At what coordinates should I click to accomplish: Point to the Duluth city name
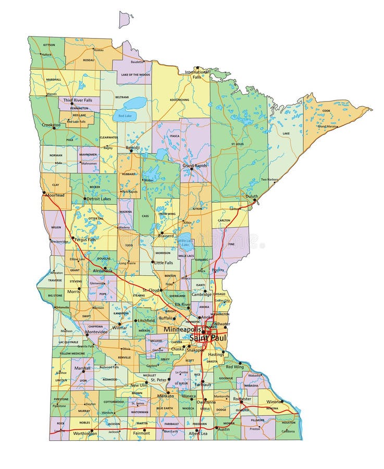[x=252, y=197]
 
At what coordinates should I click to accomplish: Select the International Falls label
[x=196, y=74]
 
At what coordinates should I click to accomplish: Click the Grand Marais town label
[x=327, y=126]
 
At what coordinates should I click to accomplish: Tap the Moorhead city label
[x=54, y=195]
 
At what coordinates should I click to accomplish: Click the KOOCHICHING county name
[x=179, y=100]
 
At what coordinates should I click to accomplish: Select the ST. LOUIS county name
[x=238, y=143]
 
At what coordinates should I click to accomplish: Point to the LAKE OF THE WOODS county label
[x=135, y=75]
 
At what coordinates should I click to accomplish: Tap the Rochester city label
[x=242, y=399]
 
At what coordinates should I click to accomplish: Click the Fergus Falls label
[x=85, y=240]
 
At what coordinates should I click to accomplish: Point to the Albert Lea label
[x=199, y=433]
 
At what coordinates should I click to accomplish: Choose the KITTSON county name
[x=49, y=45]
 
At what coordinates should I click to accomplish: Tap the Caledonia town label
[x=288, y=431]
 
